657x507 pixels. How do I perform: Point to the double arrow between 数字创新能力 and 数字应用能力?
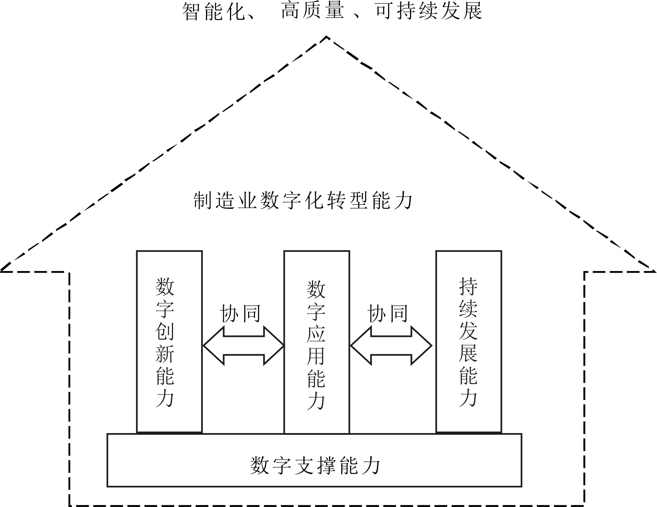click(x=244, y=346)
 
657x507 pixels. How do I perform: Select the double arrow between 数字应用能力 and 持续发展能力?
click(x=391, y=346)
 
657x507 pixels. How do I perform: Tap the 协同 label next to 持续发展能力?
click(x=388, y=314)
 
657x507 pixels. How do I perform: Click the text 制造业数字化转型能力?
click(x=303, y=200)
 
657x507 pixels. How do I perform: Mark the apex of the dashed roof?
click(x=327, y=36)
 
